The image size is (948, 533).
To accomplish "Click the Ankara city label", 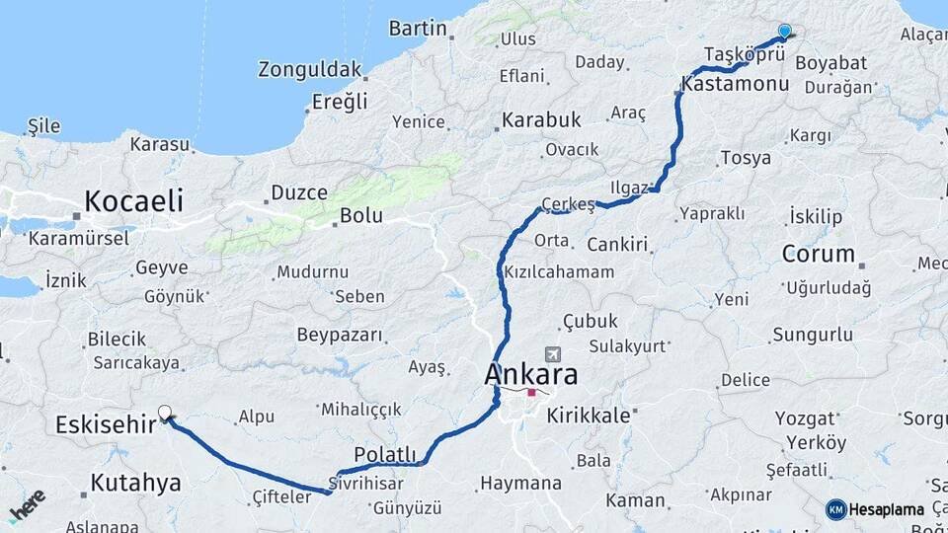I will coord(530,375).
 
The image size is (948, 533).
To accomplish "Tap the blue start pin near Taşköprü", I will coord(784,32).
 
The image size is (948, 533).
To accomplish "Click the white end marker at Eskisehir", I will coord(165,413).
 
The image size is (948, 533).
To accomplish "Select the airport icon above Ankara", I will coord(550,354).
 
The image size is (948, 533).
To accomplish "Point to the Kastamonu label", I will coord(735,85).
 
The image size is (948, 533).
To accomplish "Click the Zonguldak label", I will coord(311,69).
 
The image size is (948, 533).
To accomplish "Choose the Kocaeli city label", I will coord(133,201).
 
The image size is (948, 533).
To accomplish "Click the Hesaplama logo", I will coord(875,509).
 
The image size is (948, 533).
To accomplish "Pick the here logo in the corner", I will coord(27,505).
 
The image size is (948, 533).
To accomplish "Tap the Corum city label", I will coord(818,254).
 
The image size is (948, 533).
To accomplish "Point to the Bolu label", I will coord(360,215).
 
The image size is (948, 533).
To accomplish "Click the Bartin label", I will coord(418,28).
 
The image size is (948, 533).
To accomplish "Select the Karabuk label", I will coord(541,120).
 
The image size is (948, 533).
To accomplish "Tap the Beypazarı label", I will coord(339,335).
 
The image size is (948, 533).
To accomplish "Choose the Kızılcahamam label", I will coord(558,271).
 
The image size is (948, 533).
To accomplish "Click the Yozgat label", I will coord(804,419).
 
